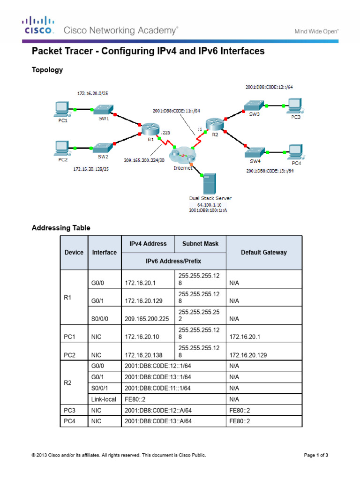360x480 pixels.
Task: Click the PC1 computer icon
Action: click(x=61, y=110)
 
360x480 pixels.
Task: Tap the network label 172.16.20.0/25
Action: click(x=94, y=94)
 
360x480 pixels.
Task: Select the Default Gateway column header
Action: click(x=263, y=252)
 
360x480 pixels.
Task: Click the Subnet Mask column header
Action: click(x=200, y=244)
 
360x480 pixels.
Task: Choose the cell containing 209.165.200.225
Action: click(x=147, y=319)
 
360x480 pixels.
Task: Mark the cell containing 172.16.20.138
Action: click(x=144, y=355)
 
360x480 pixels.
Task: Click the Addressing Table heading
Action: click(x=61, y=228)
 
